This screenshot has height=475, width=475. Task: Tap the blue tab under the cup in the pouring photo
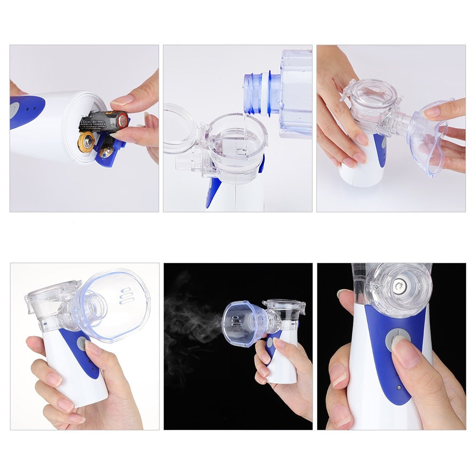point(212,192)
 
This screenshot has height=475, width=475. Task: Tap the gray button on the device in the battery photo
point(12,110)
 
